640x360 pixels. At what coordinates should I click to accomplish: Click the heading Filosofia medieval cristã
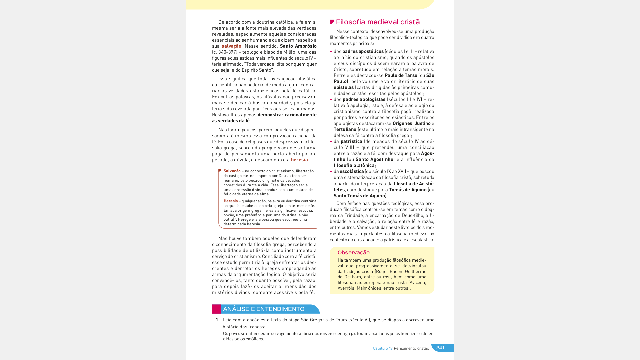378,22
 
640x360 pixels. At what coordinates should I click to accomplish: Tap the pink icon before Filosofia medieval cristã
332,22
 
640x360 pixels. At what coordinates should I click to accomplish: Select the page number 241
440,348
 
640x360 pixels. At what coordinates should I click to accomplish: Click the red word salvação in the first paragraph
231,46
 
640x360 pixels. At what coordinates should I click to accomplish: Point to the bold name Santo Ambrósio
298,46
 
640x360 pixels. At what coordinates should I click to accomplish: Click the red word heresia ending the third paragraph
299,160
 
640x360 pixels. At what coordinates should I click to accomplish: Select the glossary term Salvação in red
232,171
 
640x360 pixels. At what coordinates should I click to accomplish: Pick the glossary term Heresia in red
231,201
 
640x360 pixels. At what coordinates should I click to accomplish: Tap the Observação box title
353,253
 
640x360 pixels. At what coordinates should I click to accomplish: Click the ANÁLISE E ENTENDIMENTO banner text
263,309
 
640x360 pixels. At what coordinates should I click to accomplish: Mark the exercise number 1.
217,320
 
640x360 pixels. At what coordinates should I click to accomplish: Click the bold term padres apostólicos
363,51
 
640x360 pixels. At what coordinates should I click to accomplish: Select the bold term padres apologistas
364,99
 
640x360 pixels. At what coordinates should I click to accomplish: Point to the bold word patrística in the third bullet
351,141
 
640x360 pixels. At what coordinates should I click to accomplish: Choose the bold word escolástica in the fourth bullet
352,171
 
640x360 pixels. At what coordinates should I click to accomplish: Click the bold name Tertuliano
345,129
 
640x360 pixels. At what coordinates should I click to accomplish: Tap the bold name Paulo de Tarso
401,75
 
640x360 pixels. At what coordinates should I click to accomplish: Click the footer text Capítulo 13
383,348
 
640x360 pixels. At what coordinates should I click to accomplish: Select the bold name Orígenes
402,123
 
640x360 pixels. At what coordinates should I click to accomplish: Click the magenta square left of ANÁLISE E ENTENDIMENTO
216,309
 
